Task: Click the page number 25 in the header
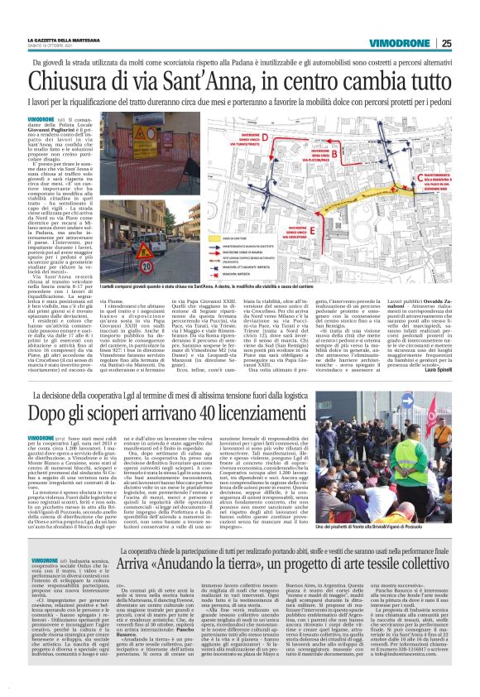(468, 44)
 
